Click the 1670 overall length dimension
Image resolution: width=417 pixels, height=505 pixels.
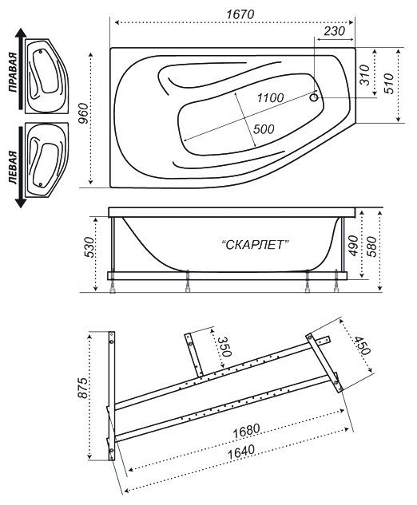(x=240, y=14)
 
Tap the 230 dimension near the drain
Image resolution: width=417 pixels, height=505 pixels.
(x=335, y=32)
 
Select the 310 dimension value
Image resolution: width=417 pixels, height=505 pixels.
(x=364, y=75)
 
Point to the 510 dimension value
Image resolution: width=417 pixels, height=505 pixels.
(x=389, y=84)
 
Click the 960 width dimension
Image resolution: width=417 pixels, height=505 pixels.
(x=84, y=113)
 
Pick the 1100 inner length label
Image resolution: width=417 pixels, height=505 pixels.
(x=270, y=98)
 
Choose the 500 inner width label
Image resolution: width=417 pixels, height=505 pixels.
(x=264, y=129)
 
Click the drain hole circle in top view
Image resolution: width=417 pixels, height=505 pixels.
(x=314, y=97)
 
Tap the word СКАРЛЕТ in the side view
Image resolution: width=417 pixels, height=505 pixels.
(x=255, y=246)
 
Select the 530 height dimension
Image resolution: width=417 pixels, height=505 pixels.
(x=89, y=247)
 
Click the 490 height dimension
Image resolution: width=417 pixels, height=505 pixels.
(x=353, y=246)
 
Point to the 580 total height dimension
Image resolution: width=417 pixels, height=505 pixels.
(x=371, y=247)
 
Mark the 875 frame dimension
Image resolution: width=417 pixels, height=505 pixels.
(x=83, y=388)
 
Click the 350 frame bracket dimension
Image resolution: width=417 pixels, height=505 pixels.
(x=224, y=347)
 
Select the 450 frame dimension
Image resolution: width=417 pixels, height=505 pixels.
(x=361, y=346)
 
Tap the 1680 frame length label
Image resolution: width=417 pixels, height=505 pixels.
(x=246, y=431)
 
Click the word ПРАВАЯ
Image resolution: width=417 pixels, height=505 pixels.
(x=13, y=72)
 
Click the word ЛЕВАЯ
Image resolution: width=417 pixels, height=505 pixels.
(x=13, y=168)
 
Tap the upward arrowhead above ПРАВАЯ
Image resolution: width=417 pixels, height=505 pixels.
(x=21, y=34)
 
